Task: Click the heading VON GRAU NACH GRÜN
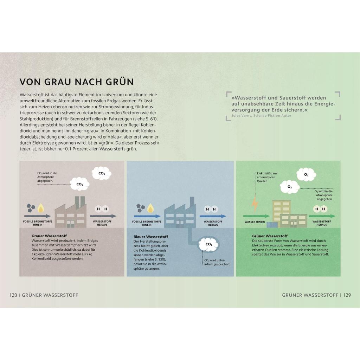(76, 82)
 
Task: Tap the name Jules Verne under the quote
(241, 115)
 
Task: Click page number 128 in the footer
(13, 295)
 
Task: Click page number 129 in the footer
(347, 295)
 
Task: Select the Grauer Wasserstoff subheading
(49, 236)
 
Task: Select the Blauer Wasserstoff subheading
(151, 237)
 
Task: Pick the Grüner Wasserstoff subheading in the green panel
(270, 236)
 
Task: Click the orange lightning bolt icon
(255, 204)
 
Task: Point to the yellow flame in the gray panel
(41, 208)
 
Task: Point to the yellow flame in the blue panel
(150, 208)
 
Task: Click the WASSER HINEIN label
(255, 222)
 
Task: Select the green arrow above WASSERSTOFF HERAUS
(322, 216)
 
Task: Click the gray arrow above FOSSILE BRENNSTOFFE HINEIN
(37, 216)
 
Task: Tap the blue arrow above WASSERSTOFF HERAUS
(213, 216)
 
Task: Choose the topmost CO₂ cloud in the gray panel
(102, 174)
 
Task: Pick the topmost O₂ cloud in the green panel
(306, 175)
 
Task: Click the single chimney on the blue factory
(192, 201)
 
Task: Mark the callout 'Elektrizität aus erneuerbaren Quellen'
(267, 177)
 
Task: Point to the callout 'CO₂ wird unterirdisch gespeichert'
(217, 262)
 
